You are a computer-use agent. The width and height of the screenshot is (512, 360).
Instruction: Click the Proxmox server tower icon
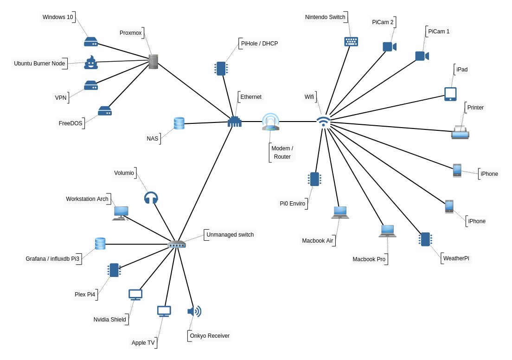[x=154, y=62]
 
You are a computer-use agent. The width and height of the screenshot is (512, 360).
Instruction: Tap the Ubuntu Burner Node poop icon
[x=91, y=63]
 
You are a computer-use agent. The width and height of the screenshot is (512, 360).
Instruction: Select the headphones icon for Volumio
[x=151, y=198]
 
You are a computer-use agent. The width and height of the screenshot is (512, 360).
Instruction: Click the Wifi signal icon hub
[x=324, y=122]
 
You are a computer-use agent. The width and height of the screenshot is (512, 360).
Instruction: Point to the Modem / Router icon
[x=270, y=122]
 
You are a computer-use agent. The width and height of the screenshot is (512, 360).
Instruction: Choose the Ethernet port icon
[x=235, y=122]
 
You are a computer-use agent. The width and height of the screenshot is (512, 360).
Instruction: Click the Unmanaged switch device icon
[x=177, y=244]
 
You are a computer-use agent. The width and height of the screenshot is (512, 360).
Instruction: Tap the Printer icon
[x=460, y=133]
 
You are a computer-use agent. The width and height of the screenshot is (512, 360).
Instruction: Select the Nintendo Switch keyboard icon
[x=351, y=42]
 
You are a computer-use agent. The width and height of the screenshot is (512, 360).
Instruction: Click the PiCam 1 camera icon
[x=422, y=56]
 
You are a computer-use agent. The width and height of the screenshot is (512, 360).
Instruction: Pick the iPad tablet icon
[x=450, y=94]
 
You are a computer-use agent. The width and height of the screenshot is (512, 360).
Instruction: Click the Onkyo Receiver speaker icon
[x=194, y=311]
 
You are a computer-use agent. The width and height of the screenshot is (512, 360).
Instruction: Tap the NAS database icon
[x=179, y=123]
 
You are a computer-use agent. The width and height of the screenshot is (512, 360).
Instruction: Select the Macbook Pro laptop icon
[x=387, y=231]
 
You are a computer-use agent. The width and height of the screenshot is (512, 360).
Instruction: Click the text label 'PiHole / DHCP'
[x=259, y=44]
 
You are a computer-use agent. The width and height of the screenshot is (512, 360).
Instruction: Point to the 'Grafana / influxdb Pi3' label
[x=52, y=258]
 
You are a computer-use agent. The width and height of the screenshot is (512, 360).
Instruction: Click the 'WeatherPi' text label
[x=456, y=258]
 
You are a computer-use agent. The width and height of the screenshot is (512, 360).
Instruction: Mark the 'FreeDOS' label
[x=70, y=123]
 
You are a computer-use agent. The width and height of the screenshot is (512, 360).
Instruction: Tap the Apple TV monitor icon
[x=164, y=311]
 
